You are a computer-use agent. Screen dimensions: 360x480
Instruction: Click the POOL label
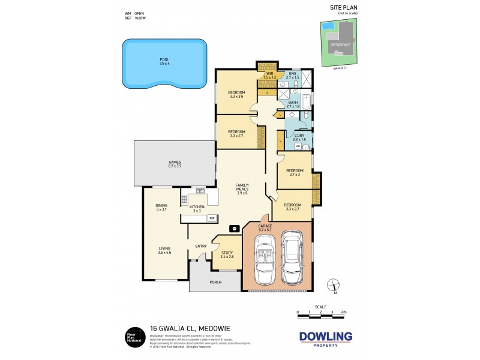[164, 59]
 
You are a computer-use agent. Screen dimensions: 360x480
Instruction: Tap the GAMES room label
[175, 162]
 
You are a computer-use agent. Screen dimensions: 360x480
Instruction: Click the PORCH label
[215, 282]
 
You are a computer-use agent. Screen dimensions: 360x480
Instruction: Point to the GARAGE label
[265, 226]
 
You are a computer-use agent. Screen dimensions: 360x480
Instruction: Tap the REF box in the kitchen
[212, 218]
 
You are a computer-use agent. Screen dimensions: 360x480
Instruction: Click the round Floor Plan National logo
[133, 336]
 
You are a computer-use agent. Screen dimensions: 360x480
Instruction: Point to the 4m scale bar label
[344, 313]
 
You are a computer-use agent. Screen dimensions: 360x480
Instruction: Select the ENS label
[292, 74]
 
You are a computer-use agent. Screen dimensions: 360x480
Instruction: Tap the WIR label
[270, 74]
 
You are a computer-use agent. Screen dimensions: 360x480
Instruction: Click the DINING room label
[161, 205]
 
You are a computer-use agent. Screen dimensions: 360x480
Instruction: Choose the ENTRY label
[200, 245]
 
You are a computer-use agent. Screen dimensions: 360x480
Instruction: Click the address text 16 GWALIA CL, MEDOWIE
[182, 329]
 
